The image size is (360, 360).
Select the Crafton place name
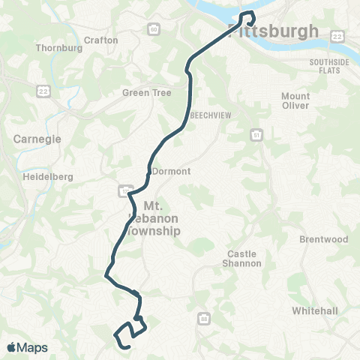[x=101, y=40]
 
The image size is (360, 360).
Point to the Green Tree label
[x=147, y=94]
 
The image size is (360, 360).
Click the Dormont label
[x=171, y=171]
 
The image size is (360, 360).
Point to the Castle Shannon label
[x=244, y=259]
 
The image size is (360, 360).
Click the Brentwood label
[x=324, y=239]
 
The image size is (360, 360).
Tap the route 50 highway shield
[x=153, y=29]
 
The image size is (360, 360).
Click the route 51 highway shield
[x=256, y=135]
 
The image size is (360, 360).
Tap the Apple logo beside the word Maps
[x=12, y=348]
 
